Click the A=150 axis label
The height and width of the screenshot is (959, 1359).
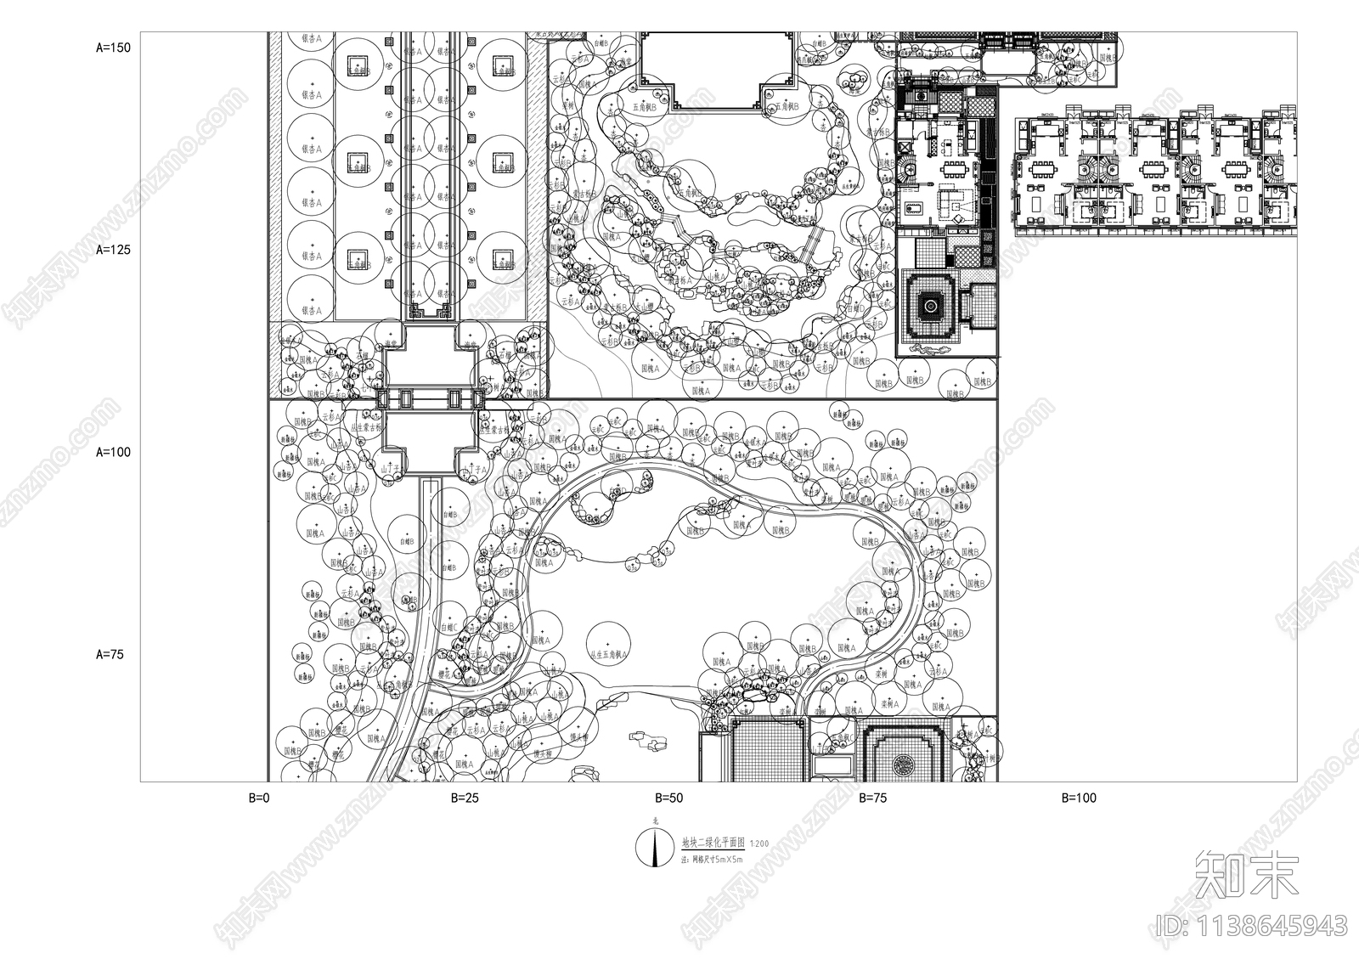114,48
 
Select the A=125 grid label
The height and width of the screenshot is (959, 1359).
114,251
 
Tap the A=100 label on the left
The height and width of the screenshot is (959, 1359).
114,452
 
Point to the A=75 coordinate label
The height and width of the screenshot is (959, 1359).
110,654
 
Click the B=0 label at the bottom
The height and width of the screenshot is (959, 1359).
258,798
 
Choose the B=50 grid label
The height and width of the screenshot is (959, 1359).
668,798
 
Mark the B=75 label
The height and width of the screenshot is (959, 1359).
873,798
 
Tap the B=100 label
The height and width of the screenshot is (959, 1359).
1079,798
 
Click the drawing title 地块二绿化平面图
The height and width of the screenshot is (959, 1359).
713,843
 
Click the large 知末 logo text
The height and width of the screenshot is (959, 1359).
1247,876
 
